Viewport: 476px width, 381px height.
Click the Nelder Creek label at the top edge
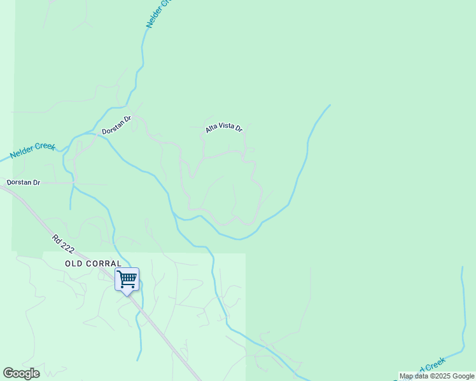tap(158, 13)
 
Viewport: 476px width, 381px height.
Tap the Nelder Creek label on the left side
tap(33, 150)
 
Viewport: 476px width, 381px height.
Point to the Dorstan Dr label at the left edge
tap(23, 182)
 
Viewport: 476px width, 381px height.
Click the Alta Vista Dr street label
tap(224, 128)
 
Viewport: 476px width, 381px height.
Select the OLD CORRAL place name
tap(93, 263)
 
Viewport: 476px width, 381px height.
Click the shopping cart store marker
tap(127, 279)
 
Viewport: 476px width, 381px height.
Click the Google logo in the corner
tap(21, 373)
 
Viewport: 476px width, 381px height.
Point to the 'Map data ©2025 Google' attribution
tap(437, 376)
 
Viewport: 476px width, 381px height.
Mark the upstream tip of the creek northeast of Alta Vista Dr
tap(330, 105)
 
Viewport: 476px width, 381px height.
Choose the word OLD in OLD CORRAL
tap(73, 263)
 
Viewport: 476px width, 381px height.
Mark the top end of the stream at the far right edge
tap(463, 268)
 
